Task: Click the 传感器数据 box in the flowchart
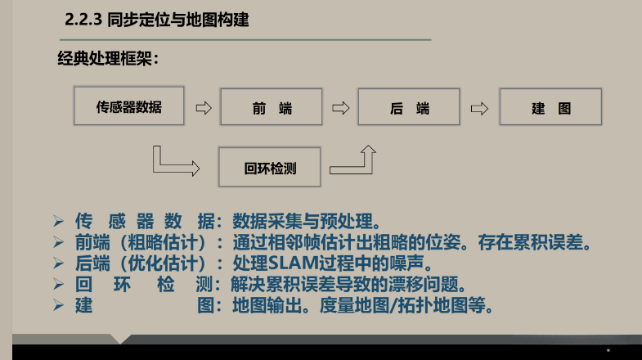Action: pyautogui.click(x=128, y=107)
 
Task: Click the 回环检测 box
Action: pyautogui.click(x=270, y=168)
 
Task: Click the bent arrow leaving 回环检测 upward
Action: pyautogui.click(x=355, y=162)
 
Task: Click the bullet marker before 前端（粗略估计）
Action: pyautogui.click(x=58, y=243)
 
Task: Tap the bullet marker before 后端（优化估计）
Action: pyautogui.click(x=58, y=263)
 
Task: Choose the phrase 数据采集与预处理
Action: pyautogui.click(x=306, y=221)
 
